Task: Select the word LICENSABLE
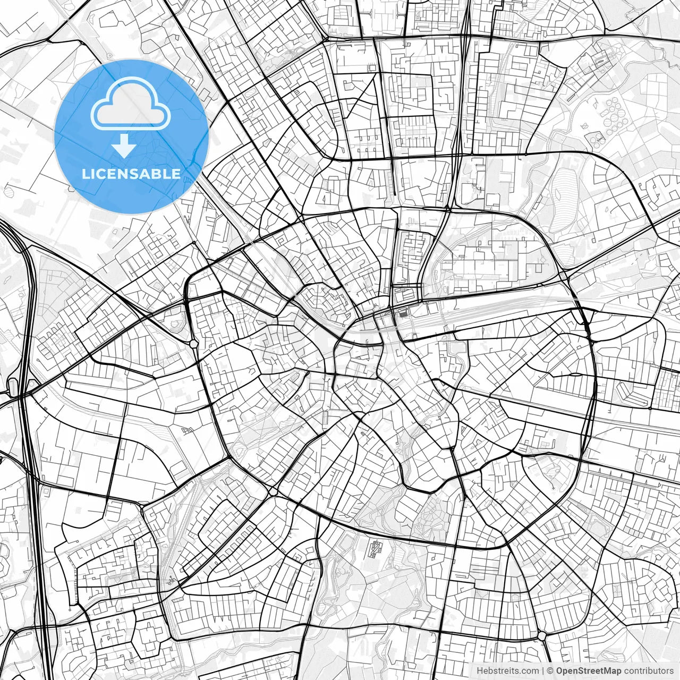131,174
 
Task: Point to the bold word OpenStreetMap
589,671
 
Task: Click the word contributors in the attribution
649,671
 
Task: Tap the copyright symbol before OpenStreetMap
550,671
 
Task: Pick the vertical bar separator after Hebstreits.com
543,671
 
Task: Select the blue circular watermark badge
131,137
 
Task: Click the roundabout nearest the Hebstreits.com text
541,635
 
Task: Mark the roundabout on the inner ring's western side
194,344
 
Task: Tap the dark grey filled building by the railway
403,313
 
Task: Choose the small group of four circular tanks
595,139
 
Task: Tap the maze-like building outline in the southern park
376,548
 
